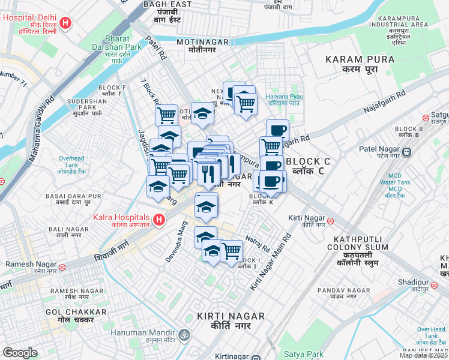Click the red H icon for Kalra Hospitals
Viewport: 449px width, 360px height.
pos(158,220)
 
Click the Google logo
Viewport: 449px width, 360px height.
pos(20,353)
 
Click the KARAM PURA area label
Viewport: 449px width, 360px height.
pos(360,59)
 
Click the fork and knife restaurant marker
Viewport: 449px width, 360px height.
pos(207,174)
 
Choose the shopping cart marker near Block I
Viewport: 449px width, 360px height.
pos(231,250)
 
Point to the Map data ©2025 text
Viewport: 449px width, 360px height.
pos(423,355)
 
